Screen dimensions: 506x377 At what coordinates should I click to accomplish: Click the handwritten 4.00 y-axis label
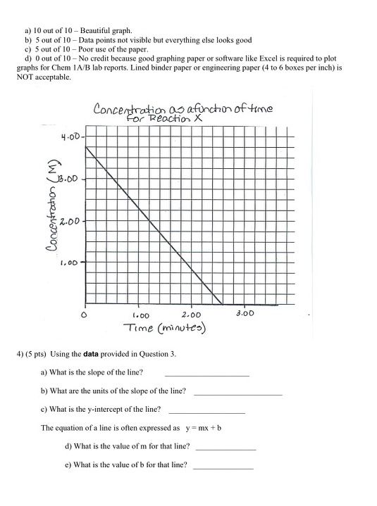pos(70,137)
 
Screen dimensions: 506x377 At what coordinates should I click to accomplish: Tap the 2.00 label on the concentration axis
pos(70,222)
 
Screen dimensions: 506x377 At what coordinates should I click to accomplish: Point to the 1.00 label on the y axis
pos(69,264)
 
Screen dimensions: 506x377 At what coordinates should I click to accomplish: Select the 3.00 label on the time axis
pos(245,312)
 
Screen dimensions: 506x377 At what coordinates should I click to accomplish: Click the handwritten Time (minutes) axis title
pos(163,328)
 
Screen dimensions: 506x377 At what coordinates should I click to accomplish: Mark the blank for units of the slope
pos(237,393)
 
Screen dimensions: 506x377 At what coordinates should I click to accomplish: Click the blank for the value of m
pos(226,448)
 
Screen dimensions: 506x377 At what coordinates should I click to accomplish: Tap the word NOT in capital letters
pos(25,77)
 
